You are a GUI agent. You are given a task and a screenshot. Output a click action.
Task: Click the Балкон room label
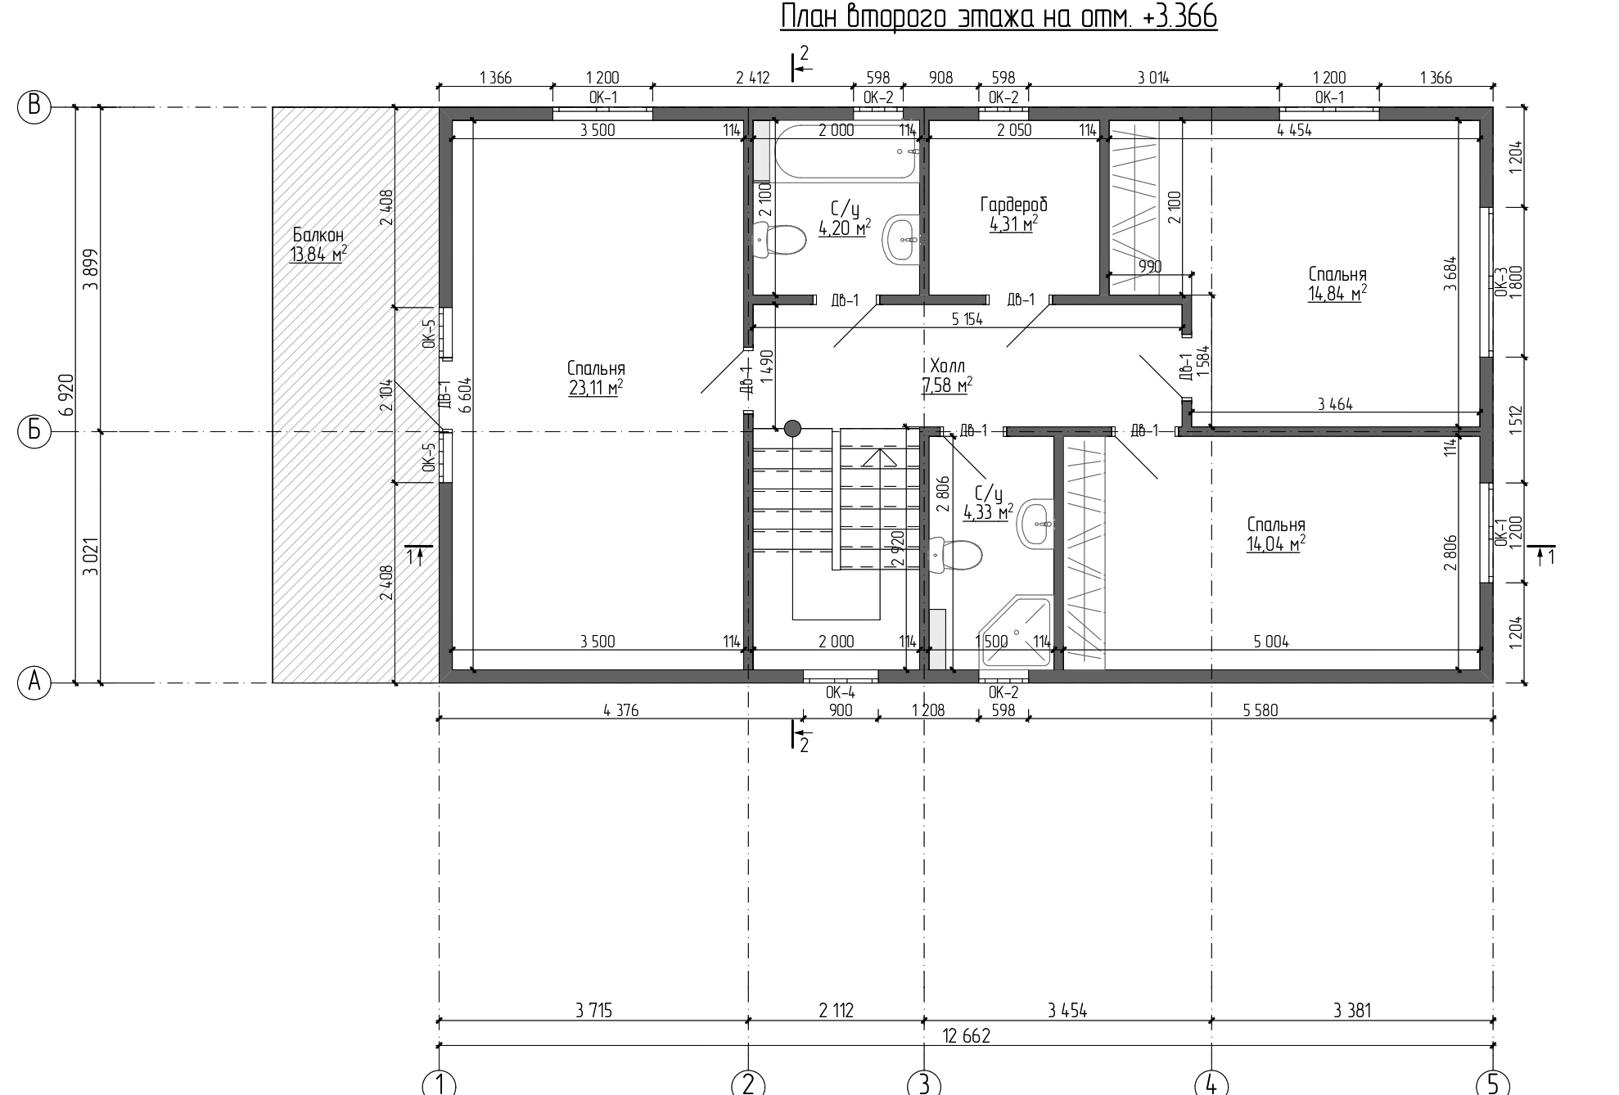pos(318,236)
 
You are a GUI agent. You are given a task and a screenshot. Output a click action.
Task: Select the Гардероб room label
pos(1013,205)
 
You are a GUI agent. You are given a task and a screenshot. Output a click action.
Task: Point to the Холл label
pos(948,366)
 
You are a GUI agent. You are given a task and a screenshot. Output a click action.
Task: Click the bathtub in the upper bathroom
pos(845,150)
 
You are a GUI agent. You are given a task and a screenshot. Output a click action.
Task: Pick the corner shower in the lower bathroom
pos(1014,633)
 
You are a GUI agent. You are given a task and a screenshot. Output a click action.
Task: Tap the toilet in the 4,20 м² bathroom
pos(781,241)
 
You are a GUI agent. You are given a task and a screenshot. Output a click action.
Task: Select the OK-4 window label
pos(841,692)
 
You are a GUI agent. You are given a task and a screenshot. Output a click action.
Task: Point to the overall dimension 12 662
pos(966,1036)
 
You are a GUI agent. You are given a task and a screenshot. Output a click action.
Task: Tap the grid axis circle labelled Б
pos(34,430)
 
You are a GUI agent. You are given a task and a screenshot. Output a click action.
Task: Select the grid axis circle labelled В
pos(34,106)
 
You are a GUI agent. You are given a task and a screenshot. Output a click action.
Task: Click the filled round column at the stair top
pos(792,428)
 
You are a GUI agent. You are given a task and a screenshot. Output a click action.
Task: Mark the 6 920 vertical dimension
pos(67,394)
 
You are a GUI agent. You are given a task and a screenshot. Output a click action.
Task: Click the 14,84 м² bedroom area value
pos(1337,294)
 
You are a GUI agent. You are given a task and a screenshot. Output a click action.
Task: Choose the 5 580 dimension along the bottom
pos(1260,710)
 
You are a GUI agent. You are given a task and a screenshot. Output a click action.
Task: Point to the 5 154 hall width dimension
pos(967,319)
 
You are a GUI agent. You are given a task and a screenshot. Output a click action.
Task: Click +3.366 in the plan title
pos(1175,16)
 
